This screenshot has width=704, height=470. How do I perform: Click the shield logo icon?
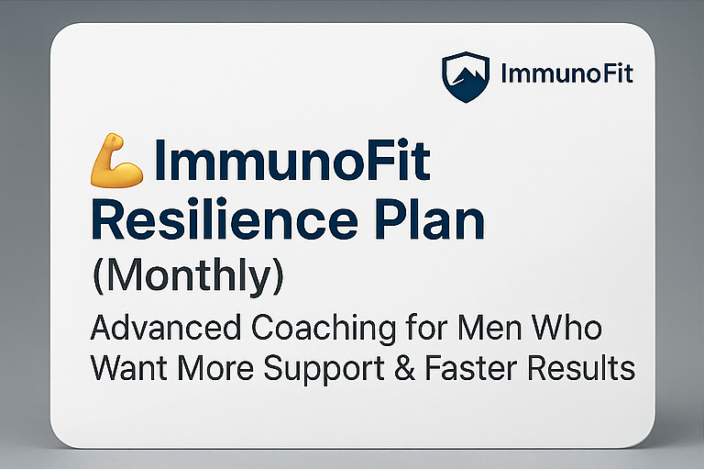[x=467, y=75]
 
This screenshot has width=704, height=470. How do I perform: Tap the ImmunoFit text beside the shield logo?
[x=567, y=73]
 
